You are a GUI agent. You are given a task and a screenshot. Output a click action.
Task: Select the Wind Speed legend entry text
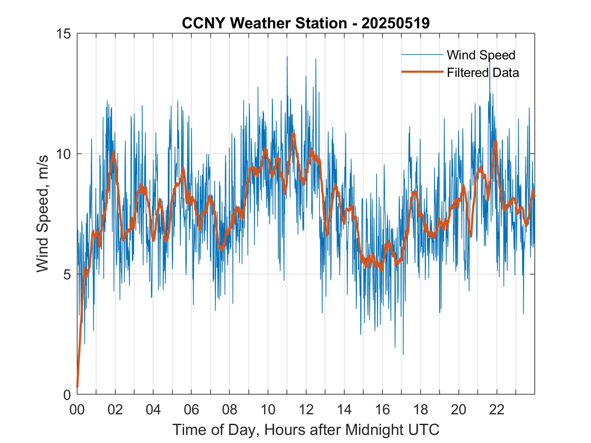481,55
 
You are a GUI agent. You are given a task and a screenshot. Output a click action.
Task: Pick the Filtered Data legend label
483,73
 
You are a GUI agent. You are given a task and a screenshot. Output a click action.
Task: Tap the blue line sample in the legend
422,55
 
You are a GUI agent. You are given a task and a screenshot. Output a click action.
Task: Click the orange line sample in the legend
422,72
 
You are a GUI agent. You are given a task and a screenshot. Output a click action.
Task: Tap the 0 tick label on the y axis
67,394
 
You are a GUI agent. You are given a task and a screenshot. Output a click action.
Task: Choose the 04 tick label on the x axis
153,410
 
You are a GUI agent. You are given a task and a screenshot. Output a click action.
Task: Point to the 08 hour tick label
230,410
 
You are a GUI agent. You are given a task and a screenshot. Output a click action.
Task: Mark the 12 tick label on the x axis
306,410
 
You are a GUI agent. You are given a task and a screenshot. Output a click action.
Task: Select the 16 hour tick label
382,410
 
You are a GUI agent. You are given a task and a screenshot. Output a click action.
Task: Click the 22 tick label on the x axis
497,410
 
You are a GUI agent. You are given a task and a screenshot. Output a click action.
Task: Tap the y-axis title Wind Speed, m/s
43,214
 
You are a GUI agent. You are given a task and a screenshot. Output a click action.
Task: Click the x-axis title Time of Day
306,430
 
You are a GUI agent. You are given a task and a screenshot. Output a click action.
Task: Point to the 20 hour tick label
459,410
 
